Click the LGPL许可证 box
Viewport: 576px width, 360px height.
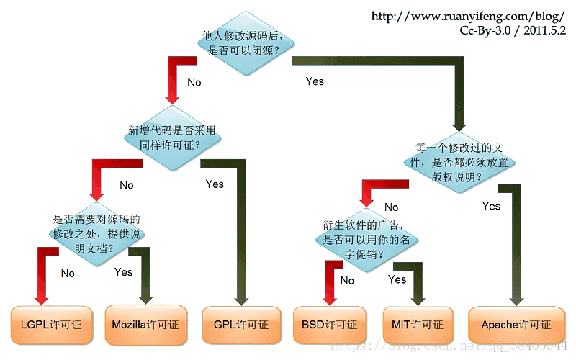51,325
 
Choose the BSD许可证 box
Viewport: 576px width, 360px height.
330,325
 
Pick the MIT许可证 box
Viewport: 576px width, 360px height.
418,325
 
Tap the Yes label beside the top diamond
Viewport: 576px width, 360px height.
315,81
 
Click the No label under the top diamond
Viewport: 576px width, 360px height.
194,82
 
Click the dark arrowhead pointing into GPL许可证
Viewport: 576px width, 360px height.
247,297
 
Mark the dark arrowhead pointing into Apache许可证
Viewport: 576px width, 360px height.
514,297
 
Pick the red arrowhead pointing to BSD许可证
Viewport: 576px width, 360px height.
330,297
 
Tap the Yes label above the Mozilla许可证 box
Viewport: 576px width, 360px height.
124,272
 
